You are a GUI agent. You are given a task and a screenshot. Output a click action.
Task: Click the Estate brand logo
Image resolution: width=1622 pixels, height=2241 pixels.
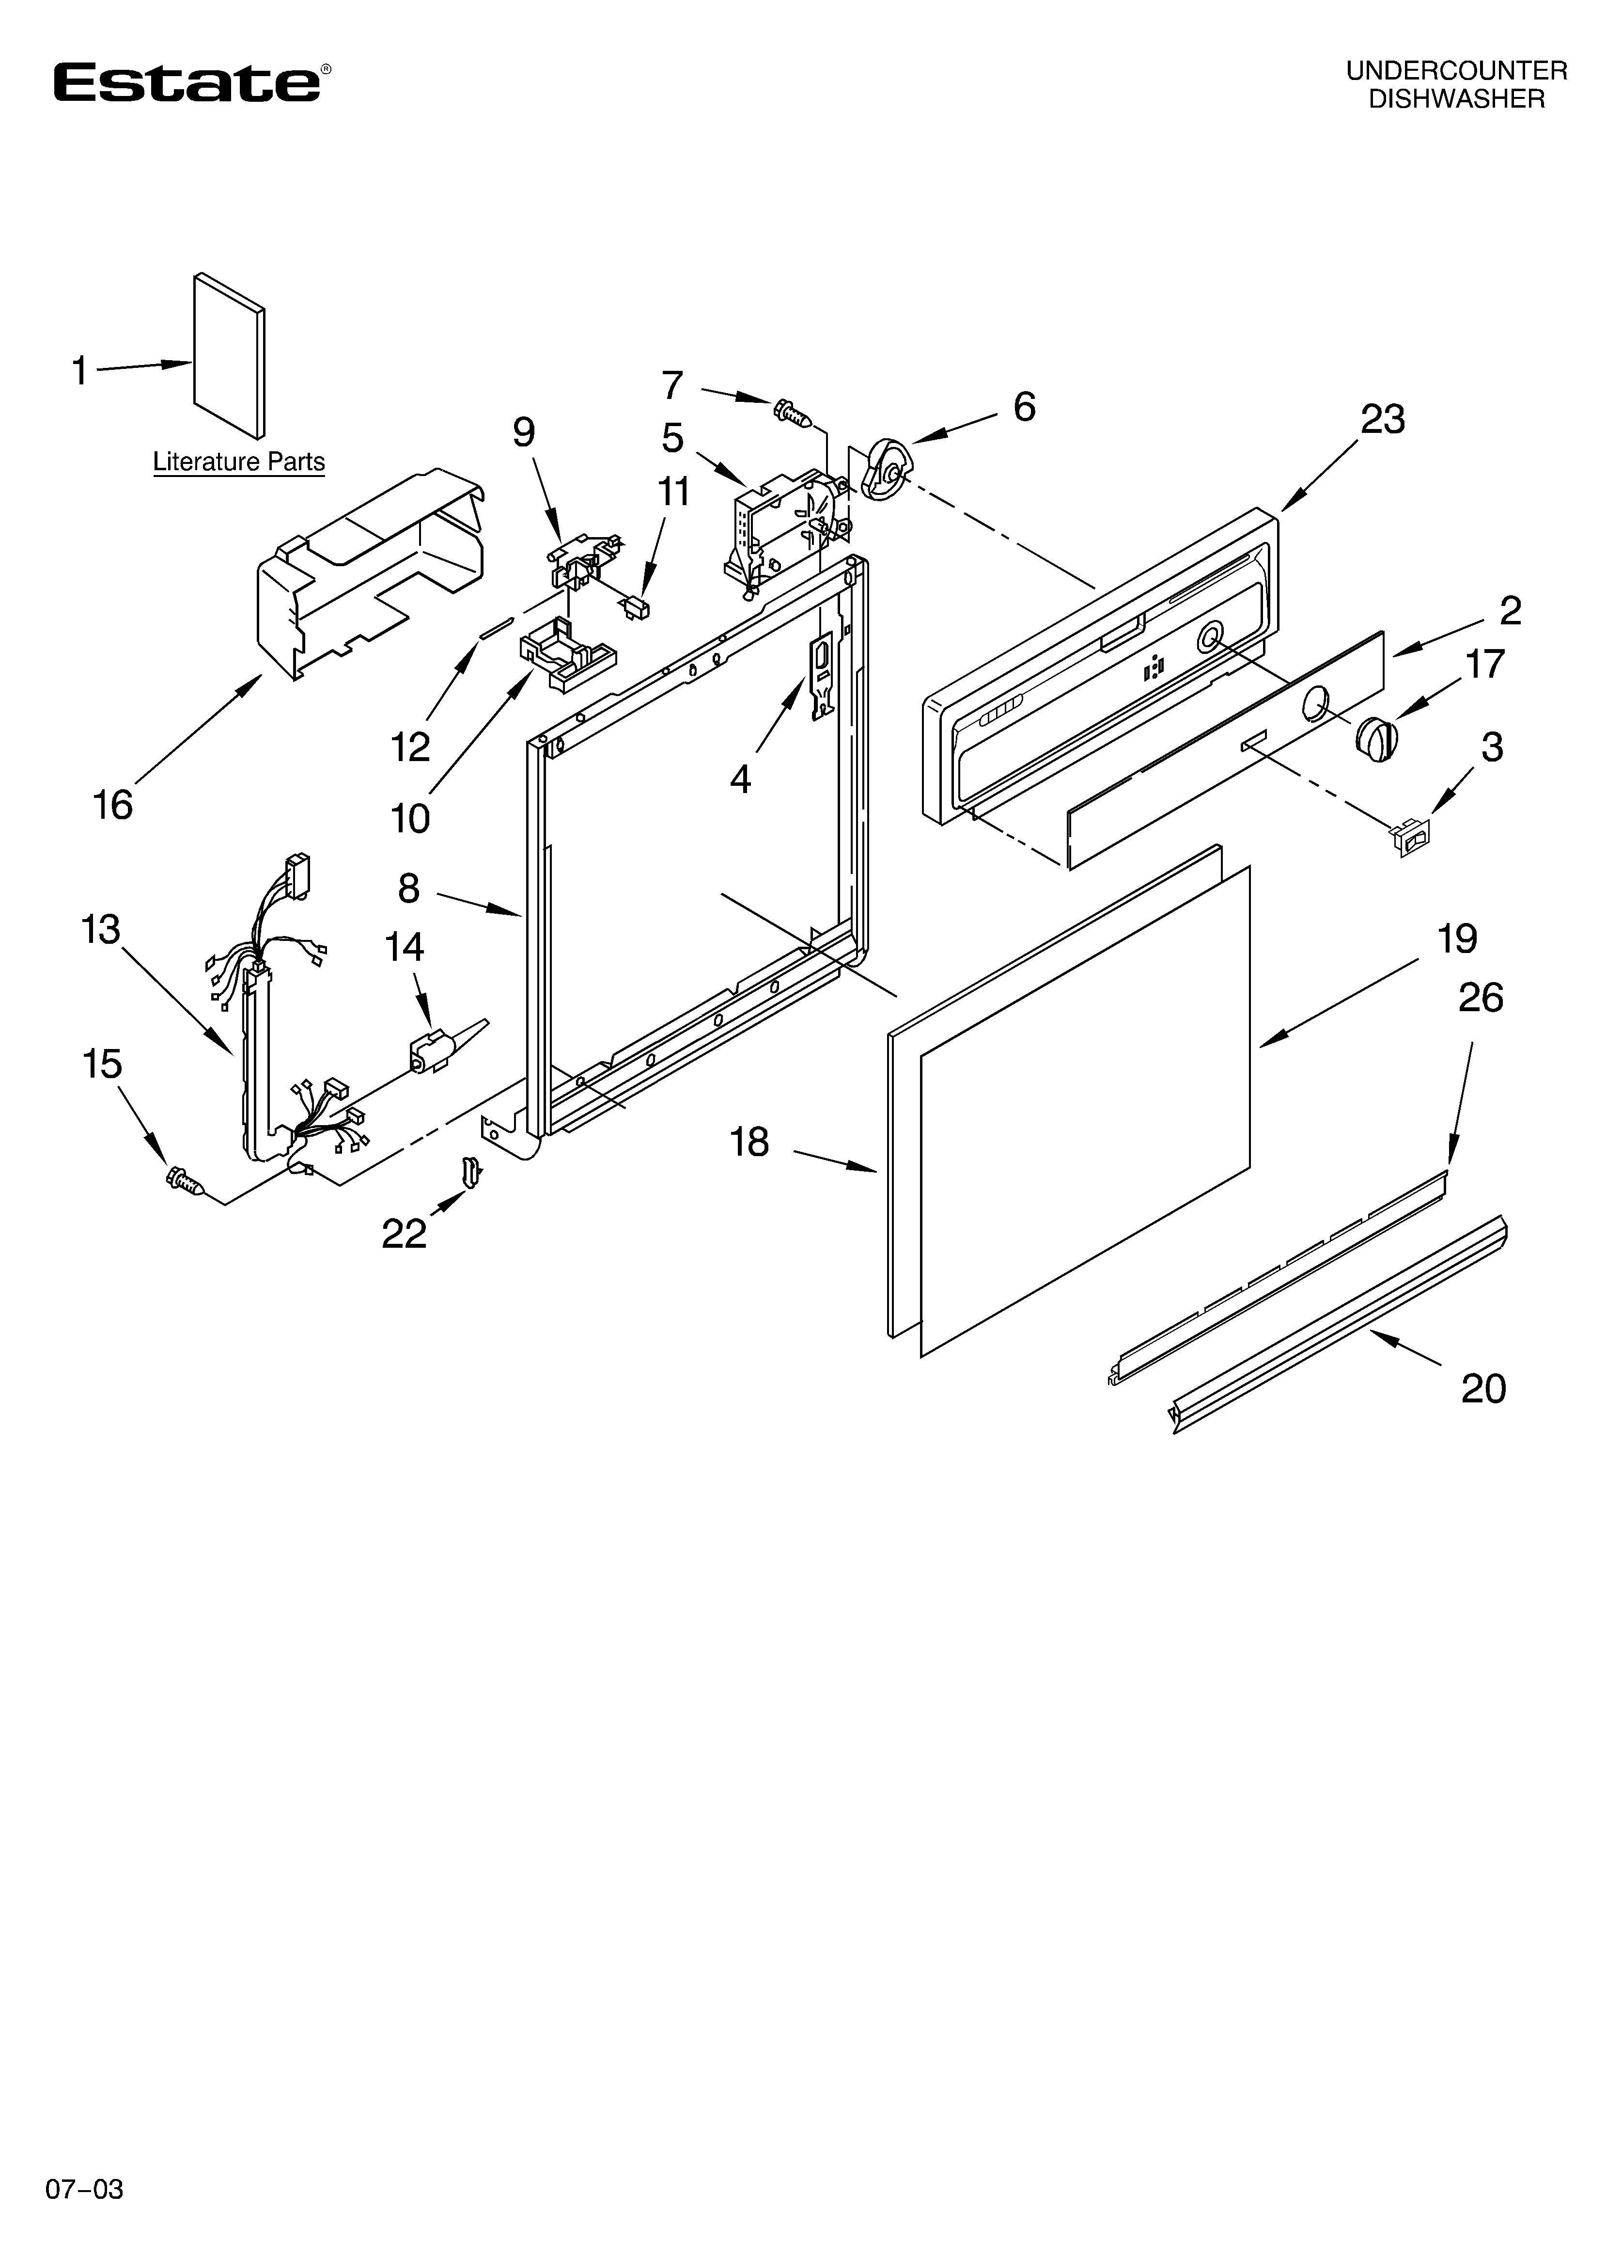tap(187, 83)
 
